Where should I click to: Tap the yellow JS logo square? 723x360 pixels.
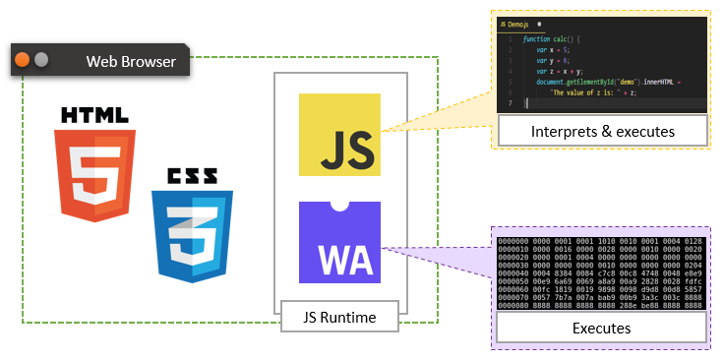339,134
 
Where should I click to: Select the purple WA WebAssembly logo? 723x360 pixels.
339,243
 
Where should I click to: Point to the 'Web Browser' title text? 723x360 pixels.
131,62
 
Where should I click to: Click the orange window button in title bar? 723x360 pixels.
23,61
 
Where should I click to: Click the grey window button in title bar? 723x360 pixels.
41,61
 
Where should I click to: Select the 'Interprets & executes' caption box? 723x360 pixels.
602,132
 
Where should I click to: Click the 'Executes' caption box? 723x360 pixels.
601,329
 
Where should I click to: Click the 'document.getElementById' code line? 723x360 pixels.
600,81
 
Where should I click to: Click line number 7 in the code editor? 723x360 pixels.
510,101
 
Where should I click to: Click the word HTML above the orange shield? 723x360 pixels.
94,115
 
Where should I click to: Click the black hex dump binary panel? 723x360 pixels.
601,272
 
